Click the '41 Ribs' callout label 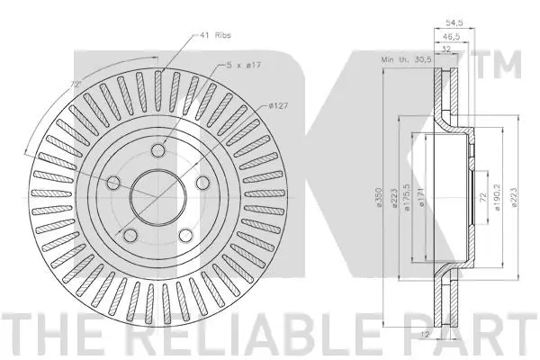pos(216,36)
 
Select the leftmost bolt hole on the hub pos(114,184)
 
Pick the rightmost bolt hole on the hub pos(203,183)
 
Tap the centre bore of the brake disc pos(158,193)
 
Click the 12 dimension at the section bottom pos(448,335)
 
